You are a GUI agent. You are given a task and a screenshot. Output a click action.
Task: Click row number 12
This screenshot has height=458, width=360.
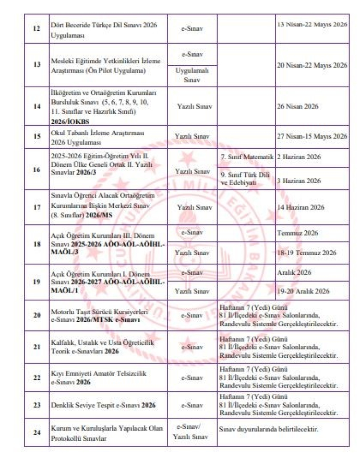click(x=36, y=29)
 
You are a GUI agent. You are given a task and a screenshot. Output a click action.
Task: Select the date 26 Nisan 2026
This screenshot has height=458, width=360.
click(x=297, y=106)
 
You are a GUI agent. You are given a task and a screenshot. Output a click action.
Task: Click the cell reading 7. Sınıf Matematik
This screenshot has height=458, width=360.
click(x=247, y=157)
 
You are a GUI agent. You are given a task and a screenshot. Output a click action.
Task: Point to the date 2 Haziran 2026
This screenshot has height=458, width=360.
click(x=299, y=157)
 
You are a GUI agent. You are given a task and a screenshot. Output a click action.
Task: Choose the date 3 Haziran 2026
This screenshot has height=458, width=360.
click(x=299, y=180)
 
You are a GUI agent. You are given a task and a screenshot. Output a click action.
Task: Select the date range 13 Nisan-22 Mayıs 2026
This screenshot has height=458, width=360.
click(x=312, y=24)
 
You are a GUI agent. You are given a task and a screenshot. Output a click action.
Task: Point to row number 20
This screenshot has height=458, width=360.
click(x=36, y=315)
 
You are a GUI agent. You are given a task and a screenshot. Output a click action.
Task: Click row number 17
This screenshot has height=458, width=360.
click(x=36, y=207)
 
